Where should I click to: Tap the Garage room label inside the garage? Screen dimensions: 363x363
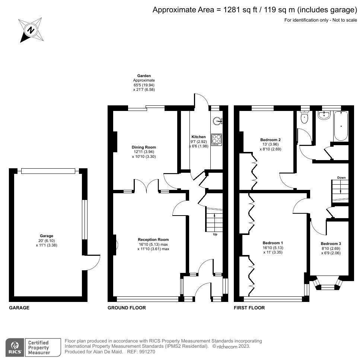(47, 236)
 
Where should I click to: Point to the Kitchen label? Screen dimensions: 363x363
(198, 137)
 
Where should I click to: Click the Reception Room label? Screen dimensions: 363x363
(153, 239)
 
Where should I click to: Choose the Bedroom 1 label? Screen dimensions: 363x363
(273, 243)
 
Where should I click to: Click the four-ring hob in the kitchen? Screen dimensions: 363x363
(216, 139)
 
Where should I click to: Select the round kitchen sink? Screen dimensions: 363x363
(217, 120)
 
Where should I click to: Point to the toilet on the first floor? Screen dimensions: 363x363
(305, 117)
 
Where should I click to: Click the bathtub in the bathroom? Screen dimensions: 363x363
(341, 126)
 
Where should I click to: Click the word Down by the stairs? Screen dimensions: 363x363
(341, 178)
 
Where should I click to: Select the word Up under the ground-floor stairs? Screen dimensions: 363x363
(215, 235)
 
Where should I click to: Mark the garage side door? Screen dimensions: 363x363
(93, 263)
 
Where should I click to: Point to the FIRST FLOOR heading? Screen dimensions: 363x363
(249, 308)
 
